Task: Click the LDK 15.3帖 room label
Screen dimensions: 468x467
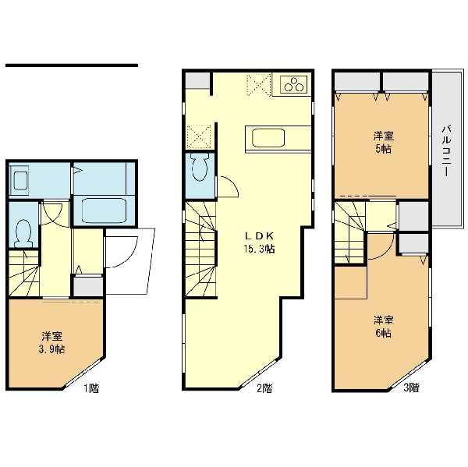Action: point(260,242)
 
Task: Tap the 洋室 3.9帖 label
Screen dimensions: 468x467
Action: point(52,343)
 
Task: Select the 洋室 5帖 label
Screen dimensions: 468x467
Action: point(384,143)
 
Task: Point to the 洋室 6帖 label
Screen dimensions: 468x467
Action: point(384,327)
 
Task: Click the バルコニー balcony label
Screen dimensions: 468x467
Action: point(446,150)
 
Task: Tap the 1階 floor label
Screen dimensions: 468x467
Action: point(90,388)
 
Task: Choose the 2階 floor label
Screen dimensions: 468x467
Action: point(264,388)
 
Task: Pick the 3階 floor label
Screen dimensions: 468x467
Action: point(411,387)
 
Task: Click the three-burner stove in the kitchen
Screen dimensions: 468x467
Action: point(294,84)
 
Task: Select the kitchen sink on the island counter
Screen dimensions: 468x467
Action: point(268,138)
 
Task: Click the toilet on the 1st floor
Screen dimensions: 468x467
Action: point(23,233)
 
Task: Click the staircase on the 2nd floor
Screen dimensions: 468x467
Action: point(200,249)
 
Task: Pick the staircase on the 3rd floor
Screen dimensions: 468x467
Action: point(350,232)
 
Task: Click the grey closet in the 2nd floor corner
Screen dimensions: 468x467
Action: point(197,80)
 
